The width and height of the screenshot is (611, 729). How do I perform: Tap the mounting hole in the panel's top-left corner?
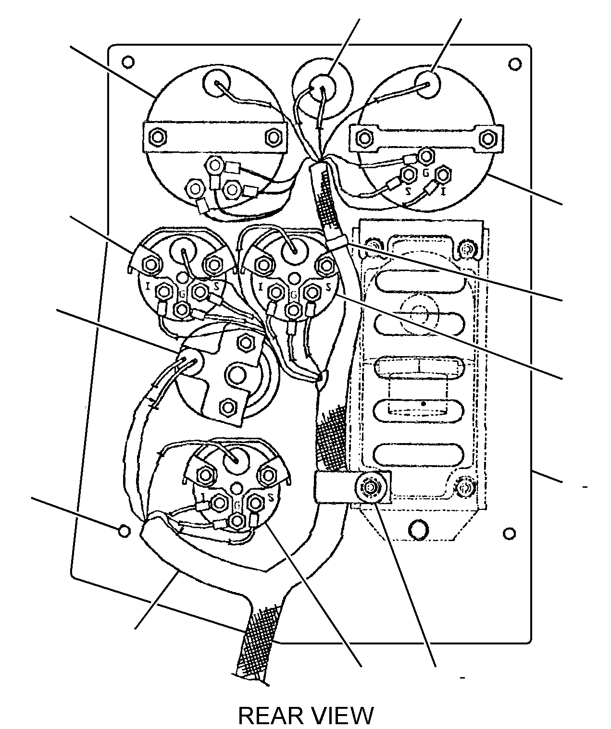(x=128, y=62)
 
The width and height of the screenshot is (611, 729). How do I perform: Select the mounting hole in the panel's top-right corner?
(x=514, y=64)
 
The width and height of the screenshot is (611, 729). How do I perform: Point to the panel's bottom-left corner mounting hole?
(x=125, y=531)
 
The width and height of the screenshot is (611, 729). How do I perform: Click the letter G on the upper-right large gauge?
(x=425, y=173)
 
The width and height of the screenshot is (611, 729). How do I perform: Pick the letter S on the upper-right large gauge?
(x=407, y=192)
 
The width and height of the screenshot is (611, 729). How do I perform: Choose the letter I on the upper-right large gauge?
(x=443, y=192)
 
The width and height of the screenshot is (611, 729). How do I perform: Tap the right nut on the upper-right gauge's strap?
(x=486, y=138)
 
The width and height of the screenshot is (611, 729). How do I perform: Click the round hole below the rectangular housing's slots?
(x=418, y=531)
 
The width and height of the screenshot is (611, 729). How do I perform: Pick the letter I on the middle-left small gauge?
(x=148, y=287)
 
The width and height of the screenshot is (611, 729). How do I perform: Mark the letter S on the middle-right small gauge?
(x=328, y=287)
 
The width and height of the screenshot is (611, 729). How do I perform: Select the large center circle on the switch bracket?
(x=237, y=376)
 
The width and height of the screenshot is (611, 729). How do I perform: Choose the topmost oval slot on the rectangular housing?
(x=420, y=282)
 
